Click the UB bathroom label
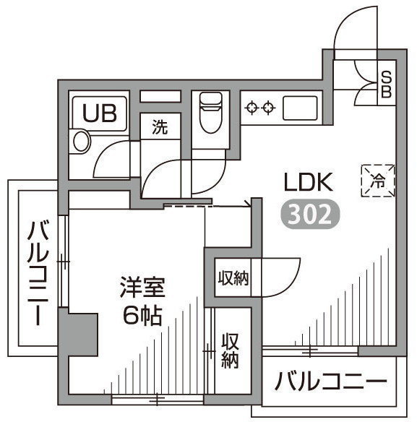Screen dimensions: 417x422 [x=100, y=113]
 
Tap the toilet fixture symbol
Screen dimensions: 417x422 [x=211, y=113]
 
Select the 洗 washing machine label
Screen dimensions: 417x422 [x=160, y=126]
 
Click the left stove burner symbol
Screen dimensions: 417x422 [x=252, y=108]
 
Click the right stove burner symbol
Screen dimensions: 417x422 [x=268, y=108]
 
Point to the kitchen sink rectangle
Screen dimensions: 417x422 [x=300, y=108]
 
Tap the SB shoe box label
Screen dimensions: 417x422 [x=386, y=85]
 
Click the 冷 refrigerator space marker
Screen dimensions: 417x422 [x=378, y=181]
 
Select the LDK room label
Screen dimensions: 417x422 [x=309, y=182]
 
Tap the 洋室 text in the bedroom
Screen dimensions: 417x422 [x=142, y=287]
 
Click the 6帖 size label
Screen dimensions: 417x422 [x=142, y=315]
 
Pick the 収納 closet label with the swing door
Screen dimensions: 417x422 [x=233, y=277]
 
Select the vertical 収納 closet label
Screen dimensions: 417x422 [x=231, y=350]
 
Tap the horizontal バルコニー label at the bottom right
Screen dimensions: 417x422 [x=330, y=382]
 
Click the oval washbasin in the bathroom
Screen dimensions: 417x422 [x=82, y=142]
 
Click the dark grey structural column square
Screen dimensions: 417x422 [x=78, y=335]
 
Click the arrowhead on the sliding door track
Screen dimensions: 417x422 [x=249, y=204]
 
